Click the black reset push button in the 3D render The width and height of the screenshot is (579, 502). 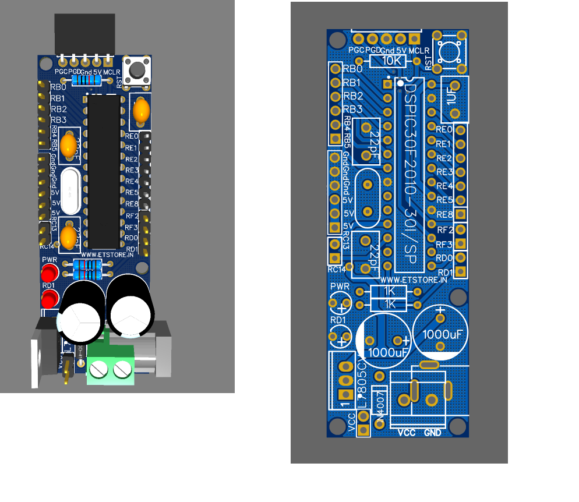tap(137, 69)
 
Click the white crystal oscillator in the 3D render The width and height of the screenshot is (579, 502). tap(70, 191)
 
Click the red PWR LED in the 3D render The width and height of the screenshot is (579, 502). tap(49, 272)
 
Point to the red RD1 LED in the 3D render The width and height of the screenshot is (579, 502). tap(50, 299)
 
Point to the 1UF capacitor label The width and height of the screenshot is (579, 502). tap(452, 96)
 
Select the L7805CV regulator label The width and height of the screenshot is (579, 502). tap(362, 382)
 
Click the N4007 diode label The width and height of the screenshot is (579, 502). tap(380, 402)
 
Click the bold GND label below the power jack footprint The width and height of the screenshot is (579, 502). tap(433, 433)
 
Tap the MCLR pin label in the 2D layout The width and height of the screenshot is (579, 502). tap(419, 51)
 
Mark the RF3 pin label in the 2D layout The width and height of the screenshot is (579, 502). tap(444, 244)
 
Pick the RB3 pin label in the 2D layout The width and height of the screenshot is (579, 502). tap(353, 109)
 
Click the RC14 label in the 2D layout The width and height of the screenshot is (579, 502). tap(336, 268)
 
